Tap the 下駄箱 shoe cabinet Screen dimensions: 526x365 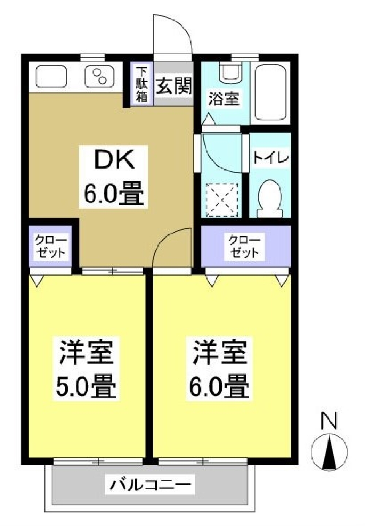(x=142, y=84)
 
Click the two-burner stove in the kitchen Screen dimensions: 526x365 (x=100, y=76)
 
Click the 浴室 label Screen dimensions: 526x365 (x=224, y=99)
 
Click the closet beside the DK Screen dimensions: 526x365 (x=51, y=246)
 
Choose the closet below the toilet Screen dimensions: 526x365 (x=245, y=246)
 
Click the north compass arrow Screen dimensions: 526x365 (x=329, y=453)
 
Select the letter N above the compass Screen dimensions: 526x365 (x=329, y=421)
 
